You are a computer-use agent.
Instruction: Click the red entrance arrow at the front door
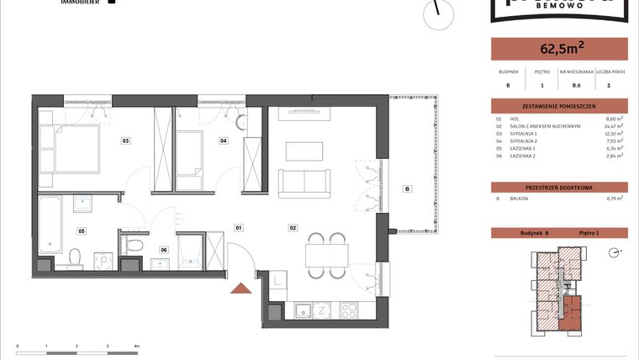[241, 289]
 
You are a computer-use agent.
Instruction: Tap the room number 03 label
[125, 140]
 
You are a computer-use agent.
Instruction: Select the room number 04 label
[224, 140]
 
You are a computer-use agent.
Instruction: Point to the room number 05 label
[82, 230]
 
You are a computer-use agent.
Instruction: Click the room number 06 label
[164, 249]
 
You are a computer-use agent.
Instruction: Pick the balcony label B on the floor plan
[408, 188]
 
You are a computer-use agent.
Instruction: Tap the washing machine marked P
[103, 261]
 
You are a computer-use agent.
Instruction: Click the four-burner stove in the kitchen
[347, 310]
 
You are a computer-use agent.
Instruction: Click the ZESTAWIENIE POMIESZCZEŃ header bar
[559, 106]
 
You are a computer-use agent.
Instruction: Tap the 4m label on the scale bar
[136, 346]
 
